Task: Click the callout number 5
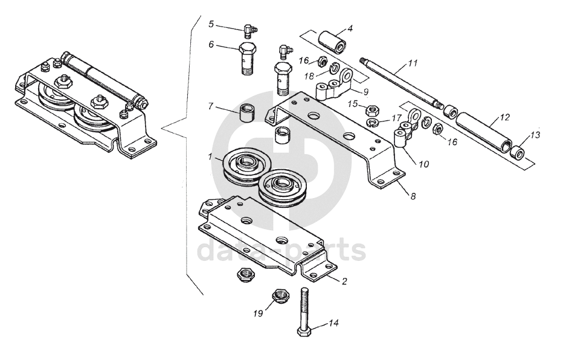[x=211, y=24]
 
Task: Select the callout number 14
[x=334, y=324]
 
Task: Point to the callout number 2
[x=344, y=281]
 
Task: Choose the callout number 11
[x=413, y=63]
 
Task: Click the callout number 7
[x=211, y=106]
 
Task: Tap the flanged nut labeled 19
[x=278, y=296]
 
